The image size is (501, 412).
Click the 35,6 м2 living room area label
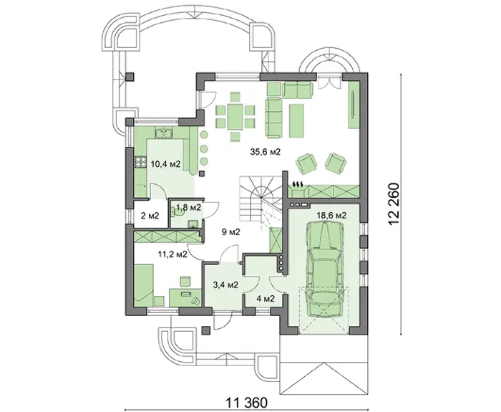266,152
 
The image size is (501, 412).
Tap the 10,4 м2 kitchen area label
166,164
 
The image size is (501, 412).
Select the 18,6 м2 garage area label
331,215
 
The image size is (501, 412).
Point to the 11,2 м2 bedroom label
172,254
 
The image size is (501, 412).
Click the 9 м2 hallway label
231,232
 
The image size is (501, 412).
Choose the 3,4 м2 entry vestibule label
225,284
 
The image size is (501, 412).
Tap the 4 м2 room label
266,299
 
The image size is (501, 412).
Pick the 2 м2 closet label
150,216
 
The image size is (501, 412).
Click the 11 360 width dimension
246,403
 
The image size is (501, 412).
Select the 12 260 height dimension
394,204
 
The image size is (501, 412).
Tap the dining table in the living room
235,116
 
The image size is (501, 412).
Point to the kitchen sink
164,133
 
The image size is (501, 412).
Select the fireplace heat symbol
298,184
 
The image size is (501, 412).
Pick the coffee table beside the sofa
298,120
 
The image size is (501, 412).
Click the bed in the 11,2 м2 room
144,284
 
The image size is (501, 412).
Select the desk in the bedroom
185,297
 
